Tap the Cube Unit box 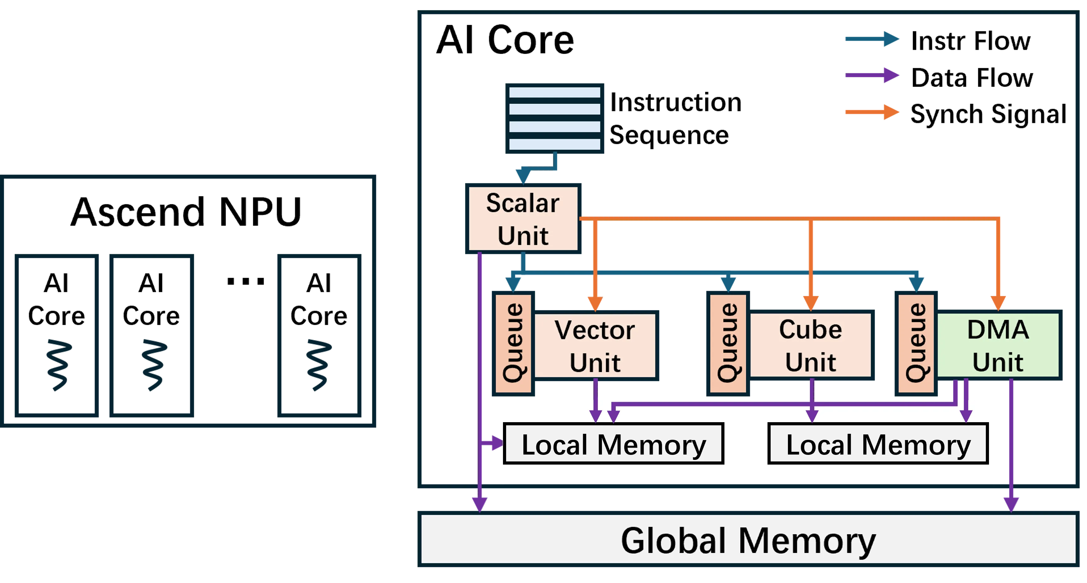pos(811,345)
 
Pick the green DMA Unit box pos(998,345)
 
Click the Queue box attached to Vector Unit pos(513,343)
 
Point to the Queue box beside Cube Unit pos(728,343)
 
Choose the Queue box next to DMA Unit pos(916,343)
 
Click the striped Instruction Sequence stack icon pos(554,118)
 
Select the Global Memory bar pos(748,539)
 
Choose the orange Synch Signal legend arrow pos(872,112)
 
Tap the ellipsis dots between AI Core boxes pos(246,281)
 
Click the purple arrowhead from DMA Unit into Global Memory pos(1011,504)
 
